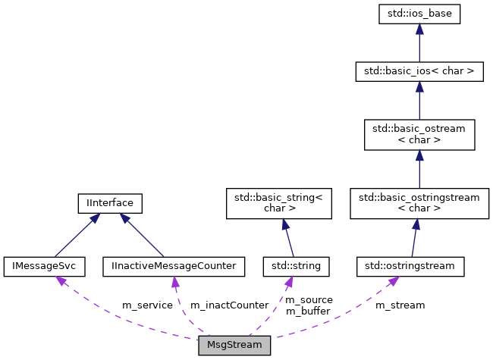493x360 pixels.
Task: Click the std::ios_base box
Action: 419,13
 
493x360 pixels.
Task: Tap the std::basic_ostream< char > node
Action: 419,134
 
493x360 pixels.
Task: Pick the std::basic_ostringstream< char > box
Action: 419,204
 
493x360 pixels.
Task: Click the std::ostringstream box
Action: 410,266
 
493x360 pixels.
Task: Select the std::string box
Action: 291,266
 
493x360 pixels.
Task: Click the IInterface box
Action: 111,203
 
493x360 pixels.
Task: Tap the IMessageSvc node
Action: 45,266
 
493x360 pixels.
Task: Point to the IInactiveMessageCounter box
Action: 174,266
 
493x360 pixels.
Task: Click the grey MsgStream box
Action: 234,345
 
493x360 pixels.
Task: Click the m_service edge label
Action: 147,305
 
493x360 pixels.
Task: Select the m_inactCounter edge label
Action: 229,305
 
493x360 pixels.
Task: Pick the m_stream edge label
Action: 400,305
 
